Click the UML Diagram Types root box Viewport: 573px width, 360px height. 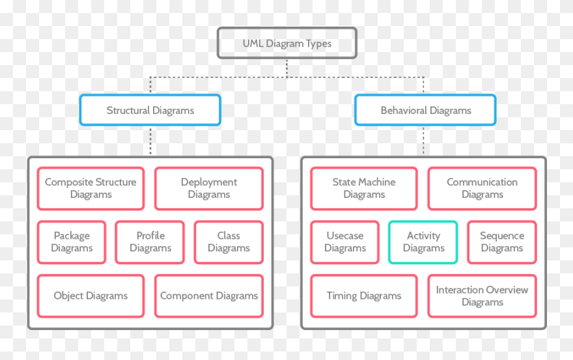(x=286, y=44)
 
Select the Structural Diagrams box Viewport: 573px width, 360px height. (x=150, y=110)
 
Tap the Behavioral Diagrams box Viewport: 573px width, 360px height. (x=425, y=110)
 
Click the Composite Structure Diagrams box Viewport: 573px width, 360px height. (x=91, y=189)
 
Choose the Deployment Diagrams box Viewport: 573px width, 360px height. (x=209, y=189)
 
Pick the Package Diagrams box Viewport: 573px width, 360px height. (x=72, y=242)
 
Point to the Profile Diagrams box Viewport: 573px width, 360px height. (x=150, y=242)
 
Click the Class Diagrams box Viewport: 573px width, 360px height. (x=229, y=242)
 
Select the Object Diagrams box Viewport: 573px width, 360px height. (x=91, y=296)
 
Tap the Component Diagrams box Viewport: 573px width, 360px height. (x=209, y=296)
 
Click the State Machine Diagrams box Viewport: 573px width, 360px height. (x=364, y=189)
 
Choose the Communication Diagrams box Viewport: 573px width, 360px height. (x=482, y=189)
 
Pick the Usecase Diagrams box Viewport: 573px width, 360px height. (x=344, y=242)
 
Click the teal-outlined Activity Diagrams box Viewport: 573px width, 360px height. (x=423, y=242)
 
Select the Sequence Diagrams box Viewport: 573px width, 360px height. (x=502, y=242)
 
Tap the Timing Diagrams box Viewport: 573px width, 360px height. (x=364, y=296)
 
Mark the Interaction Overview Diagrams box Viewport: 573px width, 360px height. (x=482, y=296)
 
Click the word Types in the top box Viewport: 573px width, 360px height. (x=318, y=44)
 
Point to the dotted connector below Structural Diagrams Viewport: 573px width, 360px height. (x=150, y=141)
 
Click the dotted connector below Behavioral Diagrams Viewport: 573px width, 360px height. (x=423, y=141)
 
